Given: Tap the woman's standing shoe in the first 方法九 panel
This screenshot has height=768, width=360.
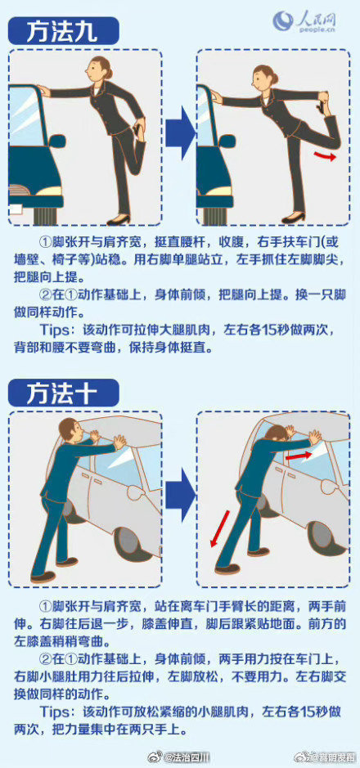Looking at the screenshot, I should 119,218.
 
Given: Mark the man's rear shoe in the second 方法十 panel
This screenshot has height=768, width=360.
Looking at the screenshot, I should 227,568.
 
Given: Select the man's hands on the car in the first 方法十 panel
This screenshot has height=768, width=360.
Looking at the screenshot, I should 119,442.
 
